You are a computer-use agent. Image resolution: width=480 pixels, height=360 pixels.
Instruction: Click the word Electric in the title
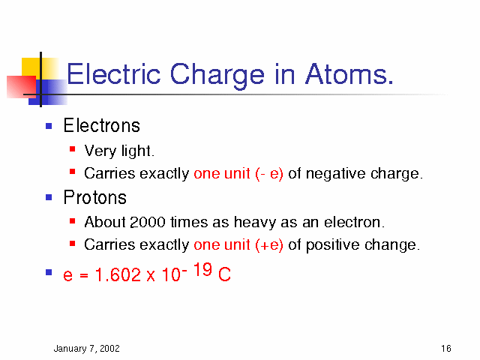(x=113, y=74)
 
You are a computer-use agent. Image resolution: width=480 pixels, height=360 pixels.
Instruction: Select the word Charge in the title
(x=217, y=76)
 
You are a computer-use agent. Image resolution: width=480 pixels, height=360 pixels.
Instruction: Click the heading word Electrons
(x=102, y=125)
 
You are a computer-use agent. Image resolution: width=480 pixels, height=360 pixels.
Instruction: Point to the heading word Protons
(x=95, y=197)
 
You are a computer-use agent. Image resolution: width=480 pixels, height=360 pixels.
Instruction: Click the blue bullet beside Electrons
(x=49, y=126)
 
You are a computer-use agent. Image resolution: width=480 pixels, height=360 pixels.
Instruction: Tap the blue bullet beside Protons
(x=49, y=197)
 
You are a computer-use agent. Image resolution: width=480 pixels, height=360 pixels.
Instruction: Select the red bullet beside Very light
(x=73, y=149)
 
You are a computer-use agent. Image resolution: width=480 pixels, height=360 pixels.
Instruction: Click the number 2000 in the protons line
(x=148, y=222)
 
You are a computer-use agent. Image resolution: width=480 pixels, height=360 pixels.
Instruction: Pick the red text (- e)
(x=268, y=174)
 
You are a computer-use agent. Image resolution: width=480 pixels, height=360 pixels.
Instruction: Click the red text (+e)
(x=268, y=245)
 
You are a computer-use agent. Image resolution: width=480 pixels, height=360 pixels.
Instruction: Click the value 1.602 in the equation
(x=118, y=274)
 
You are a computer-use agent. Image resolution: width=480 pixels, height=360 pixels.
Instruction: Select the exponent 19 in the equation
(x=202, y=269)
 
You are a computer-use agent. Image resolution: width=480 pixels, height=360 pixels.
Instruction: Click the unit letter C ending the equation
(x=224, y=274)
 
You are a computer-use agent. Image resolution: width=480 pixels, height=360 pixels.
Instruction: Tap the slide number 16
(x=446, y=348)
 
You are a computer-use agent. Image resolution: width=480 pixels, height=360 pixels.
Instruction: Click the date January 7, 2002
(x=87, y=349)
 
